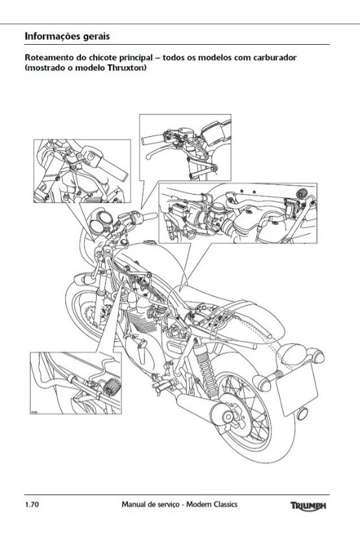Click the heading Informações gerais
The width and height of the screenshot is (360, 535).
67,36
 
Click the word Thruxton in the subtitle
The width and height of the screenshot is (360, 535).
126,67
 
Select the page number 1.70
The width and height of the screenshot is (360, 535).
32,505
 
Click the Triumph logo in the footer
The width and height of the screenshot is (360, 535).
308,505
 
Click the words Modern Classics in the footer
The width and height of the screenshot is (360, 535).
211,505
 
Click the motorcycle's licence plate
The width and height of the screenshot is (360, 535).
296,389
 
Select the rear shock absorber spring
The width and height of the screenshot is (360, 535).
206,365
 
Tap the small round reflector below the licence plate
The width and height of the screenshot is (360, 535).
302,413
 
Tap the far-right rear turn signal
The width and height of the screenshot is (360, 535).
317,356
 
